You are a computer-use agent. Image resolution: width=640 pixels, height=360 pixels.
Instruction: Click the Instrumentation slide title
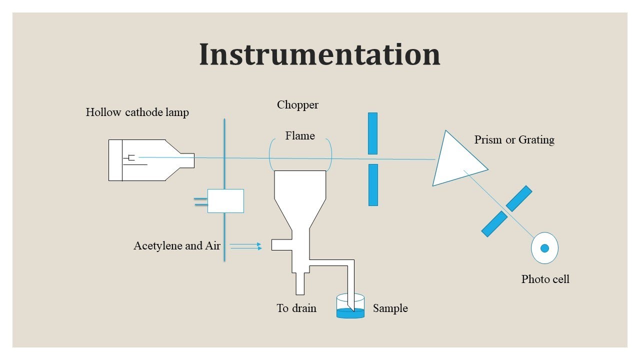point(319,54)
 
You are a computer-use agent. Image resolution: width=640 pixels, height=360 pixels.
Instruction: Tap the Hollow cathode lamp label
point(137,112)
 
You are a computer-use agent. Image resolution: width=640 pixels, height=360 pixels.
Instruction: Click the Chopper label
point(297,105)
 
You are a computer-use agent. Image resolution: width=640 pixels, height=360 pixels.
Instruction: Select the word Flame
point(300,135)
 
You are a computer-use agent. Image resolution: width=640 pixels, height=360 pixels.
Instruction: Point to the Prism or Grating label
point(514,139)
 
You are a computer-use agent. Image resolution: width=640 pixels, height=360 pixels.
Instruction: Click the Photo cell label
point(545,279)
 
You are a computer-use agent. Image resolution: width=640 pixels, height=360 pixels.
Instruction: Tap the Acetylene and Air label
point(176,245)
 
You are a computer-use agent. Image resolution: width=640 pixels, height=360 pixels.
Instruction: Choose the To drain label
point(296,308)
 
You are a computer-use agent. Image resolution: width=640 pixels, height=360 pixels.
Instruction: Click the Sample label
point(390,308)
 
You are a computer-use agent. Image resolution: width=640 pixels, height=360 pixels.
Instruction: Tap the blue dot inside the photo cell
point(545,248)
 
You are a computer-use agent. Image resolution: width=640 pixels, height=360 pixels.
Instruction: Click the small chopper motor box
point(225,200)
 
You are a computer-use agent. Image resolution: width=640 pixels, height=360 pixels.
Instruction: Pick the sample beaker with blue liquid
point(350,307)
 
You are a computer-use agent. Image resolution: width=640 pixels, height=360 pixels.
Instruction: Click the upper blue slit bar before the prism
point(372,133)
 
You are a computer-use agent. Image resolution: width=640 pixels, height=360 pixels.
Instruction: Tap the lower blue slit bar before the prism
point(372,184)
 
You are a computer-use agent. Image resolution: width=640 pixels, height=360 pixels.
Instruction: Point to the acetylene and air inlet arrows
point(245,245)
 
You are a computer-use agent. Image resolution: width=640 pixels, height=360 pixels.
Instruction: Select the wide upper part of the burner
point(300,185)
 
